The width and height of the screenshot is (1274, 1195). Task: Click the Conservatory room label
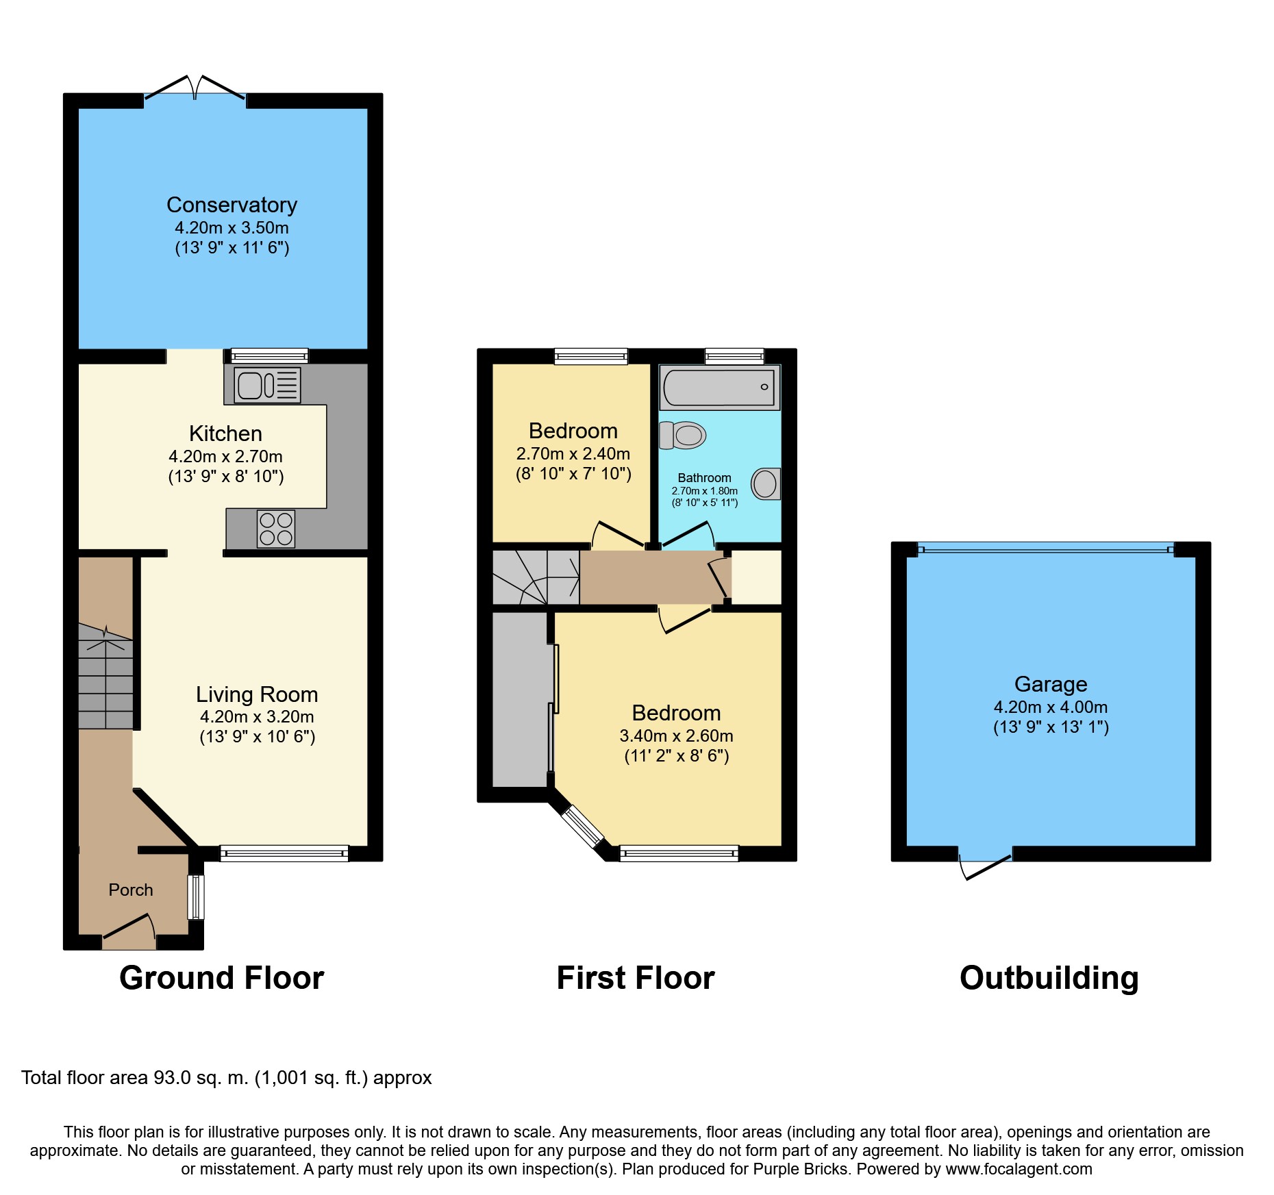(x=232, y=205)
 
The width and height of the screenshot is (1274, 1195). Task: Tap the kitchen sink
(x=268, y=385)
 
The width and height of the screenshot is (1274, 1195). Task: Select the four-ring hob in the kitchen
(x=276, y=529)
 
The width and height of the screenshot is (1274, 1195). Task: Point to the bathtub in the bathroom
(x=719, y=387)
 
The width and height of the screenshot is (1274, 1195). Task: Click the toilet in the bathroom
(x=682, y=435)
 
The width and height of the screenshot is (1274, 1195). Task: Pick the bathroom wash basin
(x=766, y=484)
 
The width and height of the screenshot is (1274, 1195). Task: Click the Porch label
(x=131, y=890)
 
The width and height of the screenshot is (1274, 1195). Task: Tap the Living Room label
(x=257, y=694)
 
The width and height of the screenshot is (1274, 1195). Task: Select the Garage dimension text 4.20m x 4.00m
(x=1051, y=707)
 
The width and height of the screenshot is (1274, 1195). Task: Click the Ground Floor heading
(x=222, y=978)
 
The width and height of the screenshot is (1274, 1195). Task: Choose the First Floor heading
(x=636, y=978)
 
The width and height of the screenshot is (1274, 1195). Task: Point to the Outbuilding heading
(x=1049, y=978)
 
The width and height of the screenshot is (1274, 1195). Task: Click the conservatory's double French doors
(x=195, y=89)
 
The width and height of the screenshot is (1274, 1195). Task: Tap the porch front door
(x=129, y=930)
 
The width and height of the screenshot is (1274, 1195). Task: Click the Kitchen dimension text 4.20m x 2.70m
(x=225, y=456)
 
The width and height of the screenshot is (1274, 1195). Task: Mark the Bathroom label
(x=704, y=478)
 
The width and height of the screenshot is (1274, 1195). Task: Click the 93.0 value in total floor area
(x=172, y=1078)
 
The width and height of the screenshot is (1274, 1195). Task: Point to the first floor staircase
(x=536, y=577)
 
